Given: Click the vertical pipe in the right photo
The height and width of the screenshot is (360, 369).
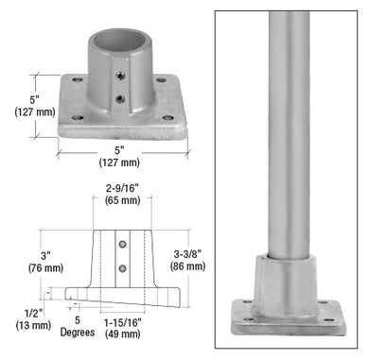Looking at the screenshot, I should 286,123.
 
